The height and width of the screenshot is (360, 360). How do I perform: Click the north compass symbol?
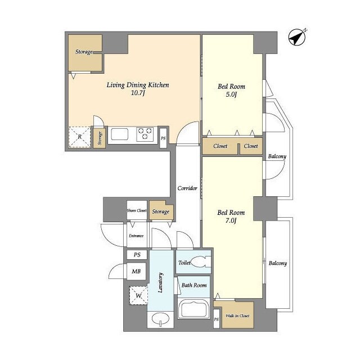tap(297, 37)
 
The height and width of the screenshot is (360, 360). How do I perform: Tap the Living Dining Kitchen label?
tap(138, 85)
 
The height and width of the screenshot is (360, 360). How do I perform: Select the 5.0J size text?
tap(231, 94)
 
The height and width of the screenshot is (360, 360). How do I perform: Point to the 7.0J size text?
tap(231, 220)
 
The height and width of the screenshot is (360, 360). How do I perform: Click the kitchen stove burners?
tap(145, 134)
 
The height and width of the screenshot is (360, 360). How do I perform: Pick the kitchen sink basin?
tap(119, 134)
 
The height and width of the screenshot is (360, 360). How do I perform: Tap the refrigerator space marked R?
tap(80, 137)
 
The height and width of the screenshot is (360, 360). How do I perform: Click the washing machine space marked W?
tap(138, 295)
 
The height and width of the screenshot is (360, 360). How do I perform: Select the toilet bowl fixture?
tap(200, 262)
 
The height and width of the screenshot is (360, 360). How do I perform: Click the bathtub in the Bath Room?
tap(193, 309)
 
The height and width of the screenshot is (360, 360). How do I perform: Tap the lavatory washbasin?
tap(160, 319)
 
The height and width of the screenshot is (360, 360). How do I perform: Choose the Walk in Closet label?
tap(237, 316)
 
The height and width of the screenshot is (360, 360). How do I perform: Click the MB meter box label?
tap(136, 271)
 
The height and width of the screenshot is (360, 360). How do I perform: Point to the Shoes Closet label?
tap(137, 210)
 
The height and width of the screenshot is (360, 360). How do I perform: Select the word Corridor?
tap(187, 188)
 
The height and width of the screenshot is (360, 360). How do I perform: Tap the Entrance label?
tap(136, 236)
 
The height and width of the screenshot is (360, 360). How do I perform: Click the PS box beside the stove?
tap(163, 138)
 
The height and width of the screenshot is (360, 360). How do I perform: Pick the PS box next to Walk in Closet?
tap(216, 319)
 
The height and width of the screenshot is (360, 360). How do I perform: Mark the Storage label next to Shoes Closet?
tap(161, 211)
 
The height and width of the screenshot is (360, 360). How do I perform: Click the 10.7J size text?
tap(138, 93)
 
